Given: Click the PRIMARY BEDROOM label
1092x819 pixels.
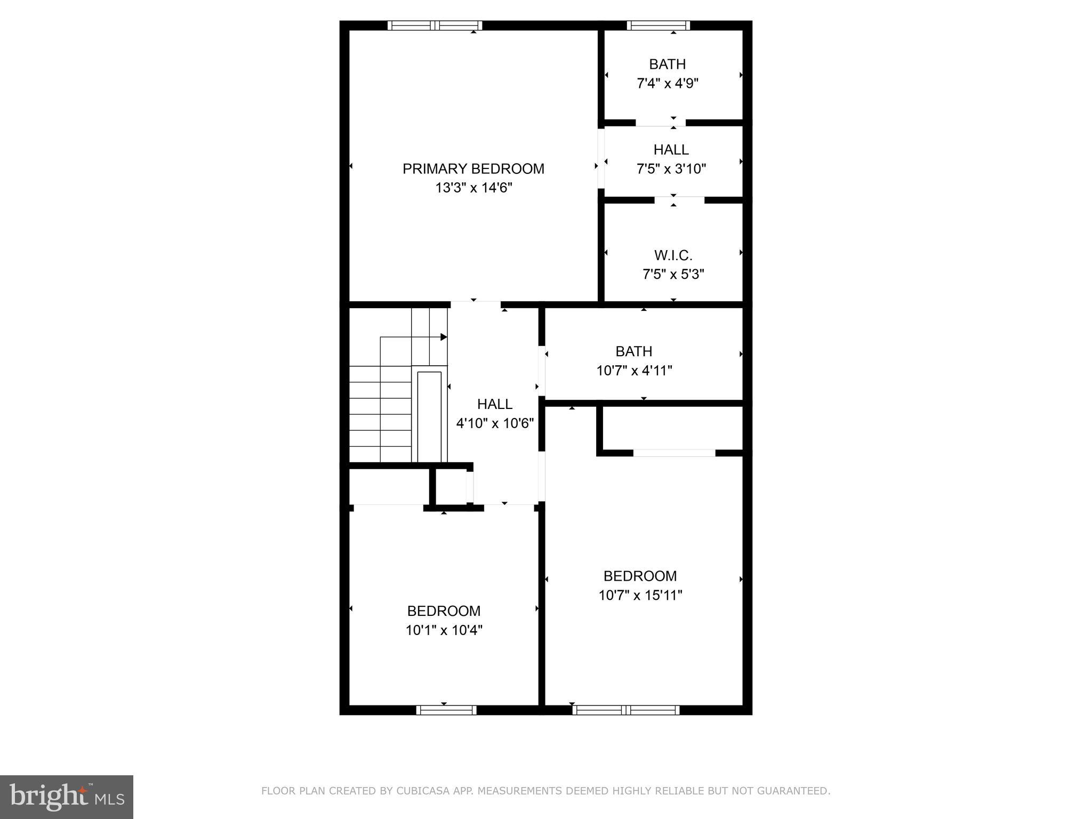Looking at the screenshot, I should pos(473,169).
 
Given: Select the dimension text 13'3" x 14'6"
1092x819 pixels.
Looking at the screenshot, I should pos(473,188).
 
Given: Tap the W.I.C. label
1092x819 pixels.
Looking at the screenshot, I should pos(673,255).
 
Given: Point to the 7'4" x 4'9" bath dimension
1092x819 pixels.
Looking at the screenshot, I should pos(667,84).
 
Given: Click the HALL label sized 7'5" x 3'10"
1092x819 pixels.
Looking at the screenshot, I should pos(671,150).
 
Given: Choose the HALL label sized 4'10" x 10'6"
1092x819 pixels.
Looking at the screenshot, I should pos(495,404).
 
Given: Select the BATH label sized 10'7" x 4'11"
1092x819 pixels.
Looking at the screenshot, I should pos(633,351).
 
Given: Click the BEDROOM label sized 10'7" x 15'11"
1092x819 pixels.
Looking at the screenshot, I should pos(640,576).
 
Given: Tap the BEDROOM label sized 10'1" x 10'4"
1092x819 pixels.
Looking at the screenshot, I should pos(444,611).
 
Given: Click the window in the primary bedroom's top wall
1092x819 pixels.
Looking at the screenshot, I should pos(435,25).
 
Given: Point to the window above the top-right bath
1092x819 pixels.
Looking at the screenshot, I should pos(658,25).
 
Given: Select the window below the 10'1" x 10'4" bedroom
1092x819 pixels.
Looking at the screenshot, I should pos(446,710).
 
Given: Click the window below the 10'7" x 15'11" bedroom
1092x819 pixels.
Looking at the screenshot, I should pos(625,710).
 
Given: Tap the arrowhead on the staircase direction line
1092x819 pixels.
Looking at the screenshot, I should pos(444,337).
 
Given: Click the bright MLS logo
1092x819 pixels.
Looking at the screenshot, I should pos(67,797).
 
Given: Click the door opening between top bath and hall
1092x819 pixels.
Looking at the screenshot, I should pos(660,123).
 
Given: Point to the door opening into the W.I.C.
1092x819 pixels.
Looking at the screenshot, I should pos(679,200).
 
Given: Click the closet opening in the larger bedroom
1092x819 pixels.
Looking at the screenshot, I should pos(674,453).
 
